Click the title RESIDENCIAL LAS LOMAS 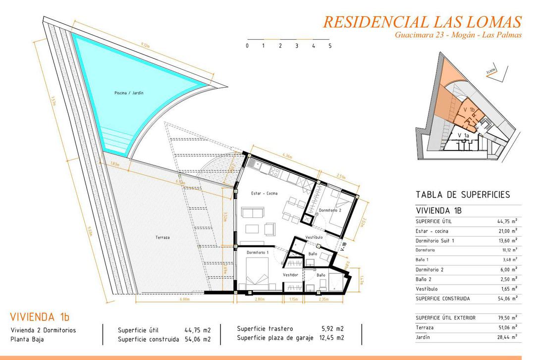pos(422,22)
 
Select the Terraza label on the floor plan pos(162,238)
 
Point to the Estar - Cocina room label pos(264,193)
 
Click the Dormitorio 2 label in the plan pos(330,211)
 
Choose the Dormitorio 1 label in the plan pos(257,253)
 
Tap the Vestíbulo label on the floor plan pos(314,238)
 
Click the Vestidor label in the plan pos(290,275)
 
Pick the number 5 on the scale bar pos(330,46)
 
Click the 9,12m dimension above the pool pos(145,45)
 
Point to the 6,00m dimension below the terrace pos(185,299)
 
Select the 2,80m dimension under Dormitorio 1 pos(260,299)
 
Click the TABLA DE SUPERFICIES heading pos(463,195)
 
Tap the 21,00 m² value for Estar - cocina pos(507,231)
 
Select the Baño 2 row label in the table pos(426,279)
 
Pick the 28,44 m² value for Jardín pos(507,337)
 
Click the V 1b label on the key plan pos(469,109)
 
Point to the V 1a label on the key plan pos(463,135)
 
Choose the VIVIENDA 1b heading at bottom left pos(40,317)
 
